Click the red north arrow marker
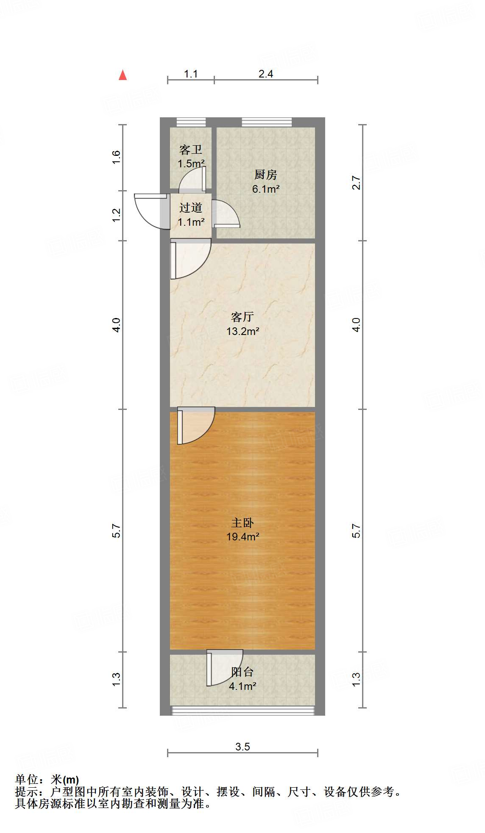[123, 75]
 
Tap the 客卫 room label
[191, 150]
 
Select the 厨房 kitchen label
[266, 174]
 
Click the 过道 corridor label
[191, 208]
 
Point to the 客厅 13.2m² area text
[242, 331]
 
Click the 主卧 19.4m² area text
[242, 537]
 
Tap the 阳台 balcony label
[242, 672]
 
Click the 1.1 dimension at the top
[191, 74]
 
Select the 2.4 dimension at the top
[266, 74]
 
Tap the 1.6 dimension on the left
[117, 158]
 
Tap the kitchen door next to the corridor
[225, 214]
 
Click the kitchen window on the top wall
[267, 122]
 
